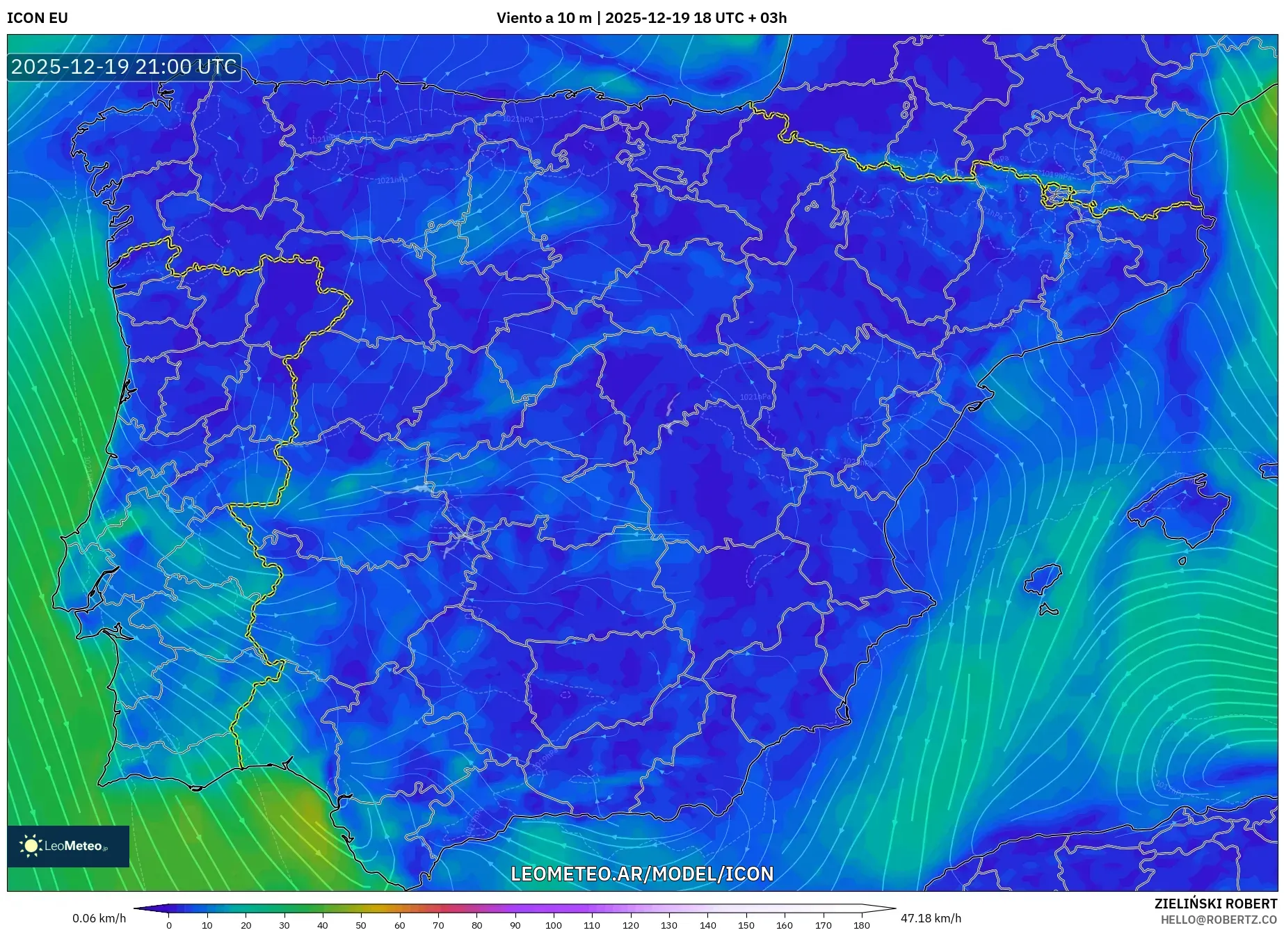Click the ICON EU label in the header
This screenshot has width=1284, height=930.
38,18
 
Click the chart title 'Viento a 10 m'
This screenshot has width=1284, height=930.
543,18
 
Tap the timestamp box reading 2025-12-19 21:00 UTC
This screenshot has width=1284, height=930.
125,67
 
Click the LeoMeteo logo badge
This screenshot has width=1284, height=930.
68,846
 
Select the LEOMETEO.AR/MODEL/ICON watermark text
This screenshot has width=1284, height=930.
642,874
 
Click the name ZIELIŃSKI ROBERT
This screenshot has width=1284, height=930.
1215,904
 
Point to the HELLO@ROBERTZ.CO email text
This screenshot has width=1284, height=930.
1218,920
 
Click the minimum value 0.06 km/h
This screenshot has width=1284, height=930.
99,918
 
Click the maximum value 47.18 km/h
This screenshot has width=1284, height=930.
931,918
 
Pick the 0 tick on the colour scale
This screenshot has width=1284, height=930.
169,925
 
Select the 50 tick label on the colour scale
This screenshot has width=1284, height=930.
361,925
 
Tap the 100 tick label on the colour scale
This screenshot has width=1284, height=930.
553,925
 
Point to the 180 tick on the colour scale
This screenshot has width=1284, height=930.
861,925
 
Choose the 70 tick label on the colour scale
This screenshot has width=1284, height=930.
438,925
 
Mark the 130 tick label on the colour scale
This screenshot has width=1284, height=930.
668,925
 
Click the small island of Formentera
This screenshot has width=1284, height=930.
1048,611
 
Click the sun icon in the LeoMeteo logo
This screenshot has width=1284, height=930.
31,846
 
